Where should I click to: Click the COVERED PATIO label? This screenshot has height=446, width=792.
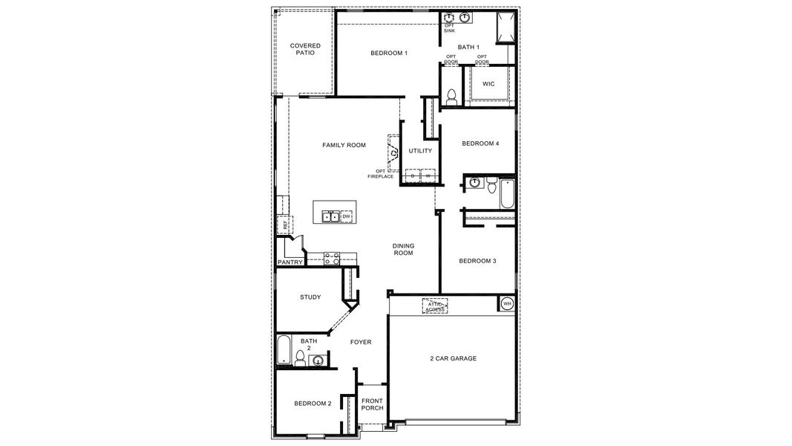tap(305, 49)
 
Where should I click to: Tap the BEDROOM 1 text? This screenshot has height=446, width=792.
tap(389, 53)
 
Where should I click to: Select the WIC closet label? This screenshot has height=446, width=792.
tap(488, 84)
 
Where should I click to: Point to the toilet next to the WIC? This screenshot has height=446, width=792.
tap(451, 95)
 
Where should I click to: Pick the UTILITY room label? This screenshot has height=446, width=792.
tap(420, 151)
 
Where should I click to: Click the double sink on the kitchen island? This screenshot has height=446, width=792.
tap(331, 216)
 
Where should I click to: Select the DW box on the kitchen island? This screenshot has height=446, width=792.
tap(346, 216)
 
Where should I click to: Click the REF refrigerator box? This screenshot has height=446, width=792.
tap(284, 224)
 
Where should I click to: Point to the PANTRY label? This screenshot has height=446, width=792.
tap(289, 262)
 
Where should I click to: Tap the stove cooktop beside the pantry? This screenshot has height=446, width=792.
tap(332, 259)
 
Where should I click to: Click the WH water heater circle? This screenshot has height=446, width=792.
tap(507, 303)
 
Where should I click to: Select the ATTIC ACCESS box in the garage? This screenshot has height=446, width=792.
tap(434, 306)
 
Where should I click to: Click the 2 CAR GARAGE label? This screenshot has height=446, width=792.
tap(453, 358)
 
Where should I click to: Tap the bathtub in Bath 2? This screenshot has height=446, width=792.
tap(284, 350)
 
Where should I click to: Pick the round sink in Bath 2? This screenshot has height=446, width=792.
tap(318, 361)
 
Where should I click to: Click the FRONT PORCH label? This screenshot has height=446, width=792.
tap(371, 404)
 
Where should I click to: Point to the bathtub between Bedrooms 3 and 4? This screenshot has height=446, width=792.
tap(507, 193)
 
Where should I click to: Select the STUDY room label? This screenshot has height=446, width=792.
tap(310, 297)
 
